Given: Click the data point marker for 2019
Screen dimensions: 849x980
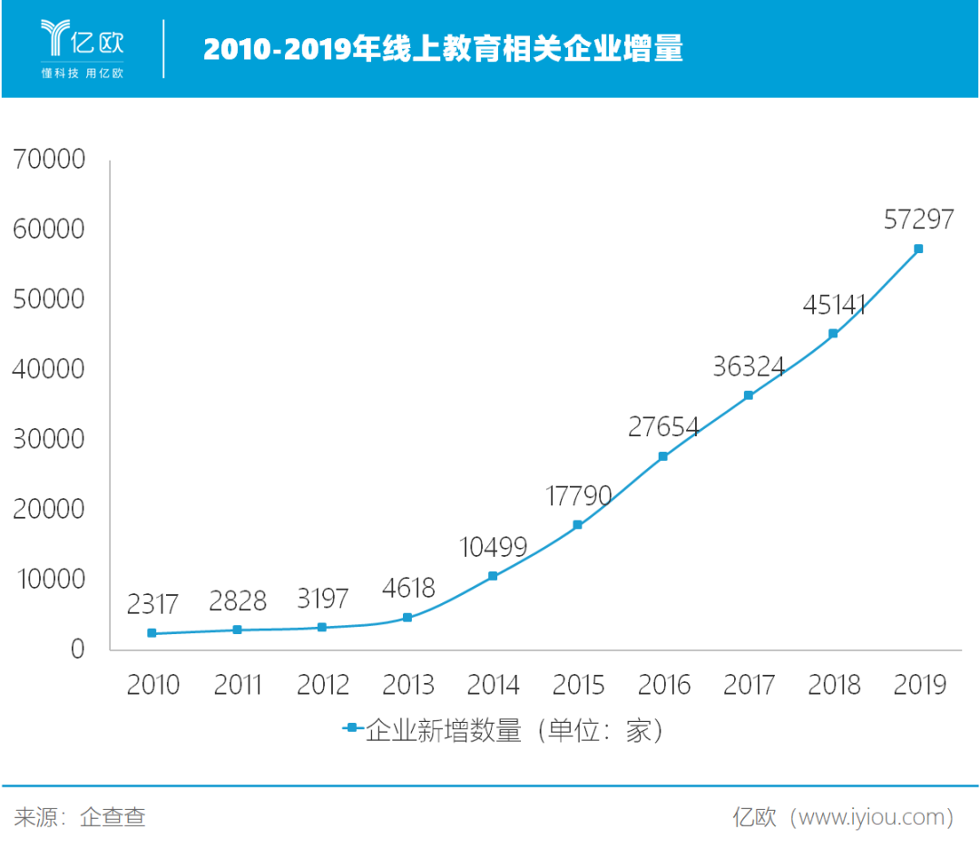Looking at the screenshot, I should (x=918, y=249).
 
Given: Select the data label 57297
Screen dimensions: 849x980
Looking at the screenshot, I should (x=918, y=219).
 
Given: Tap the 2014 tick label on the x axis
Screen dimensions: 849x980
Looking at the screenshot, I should (x=493, y=684).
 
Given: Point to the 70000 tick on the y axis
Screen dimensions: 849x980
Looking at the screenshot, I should (x=50, y=160).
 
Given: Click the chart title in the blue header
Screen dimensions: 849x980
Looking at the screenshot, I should (x=443, y=49).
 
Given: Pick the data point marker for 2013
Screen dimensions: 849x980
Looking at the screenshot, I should (x=407, y=618).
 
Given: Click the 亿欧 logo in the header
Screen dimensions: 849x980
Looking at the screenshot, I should (x=83, y=39).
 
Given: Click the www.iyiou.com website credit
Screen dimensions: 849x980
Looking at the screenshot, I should (x=844, y=817).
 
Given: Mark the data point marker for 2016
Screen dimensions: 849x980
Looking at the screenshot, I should (x=663, y=456).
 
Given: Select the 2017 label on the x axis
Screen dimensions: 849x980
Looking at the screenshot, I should (x=749, y=684).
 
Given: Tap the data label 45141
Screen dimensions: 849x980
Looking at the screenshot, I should (x=833, y=305).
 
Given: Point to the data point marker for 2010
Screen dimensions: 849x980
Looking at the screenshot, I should (x=152, y=633).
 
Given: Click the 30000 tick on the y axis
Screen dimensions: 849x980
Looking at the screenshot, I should (x=50, y=439).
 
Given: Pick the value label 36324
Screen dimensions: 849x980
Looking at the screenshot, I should (x=749, y=366).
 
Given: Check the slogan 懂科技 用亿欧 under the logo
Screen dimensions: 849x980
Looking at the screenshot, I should (x=83, y=73).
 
